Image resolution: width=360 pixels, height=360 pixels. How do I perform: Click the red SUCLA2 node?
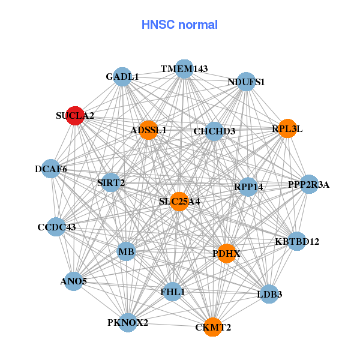point(74,116)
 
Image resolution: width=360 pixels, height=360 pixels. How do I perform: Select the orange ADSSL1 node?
point(148,130)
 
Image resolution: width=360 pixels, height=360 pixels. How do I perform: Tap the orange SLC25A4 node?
point(179,202)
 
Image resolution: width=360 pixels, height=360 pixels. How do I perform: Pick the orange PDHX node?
point(226,254)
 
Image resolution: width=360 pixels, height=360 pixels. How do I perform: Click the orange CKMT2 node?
point(212,327)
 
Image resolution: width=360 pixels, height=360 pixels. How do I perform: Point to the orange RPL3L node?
point(287,128)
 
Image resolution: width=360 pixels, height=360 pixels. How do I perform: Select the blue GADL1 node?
point(122,77)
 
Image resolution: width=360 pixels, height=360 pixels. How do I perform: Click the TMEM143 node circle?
point(184,69)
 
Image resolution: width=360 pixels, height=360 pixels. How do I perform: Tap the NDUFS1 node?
point(246,82)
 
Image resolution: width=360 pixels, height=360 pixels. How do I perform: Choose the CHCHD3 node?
point(214,131)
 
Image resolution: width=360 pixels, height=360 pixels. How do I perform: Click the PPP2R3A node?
point(308,185)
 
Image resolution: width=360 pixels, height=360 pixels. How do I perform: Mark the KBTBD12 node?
point(297,242)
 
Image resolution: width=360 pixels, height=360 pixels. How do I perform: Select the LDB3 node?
point(269,294)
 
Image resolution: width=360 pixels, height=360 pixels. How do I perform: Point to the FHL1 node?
point(173,292)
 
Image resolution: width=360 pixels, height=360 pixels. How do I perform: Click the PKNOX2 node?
point(128,323)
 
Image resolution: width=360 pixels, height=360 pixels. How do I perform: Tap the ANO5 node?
point(73,281)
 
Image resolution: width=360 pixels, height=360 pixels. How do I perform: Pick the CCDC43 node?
point(56,227)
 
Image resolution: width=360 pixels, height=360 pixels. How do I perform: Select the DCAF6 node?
point(51,170)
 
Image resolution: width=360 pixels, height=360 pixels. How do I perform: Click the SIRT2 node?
point(110,182)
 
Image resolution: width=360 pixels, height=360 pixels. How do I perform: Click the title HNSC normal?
point(179,25)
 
